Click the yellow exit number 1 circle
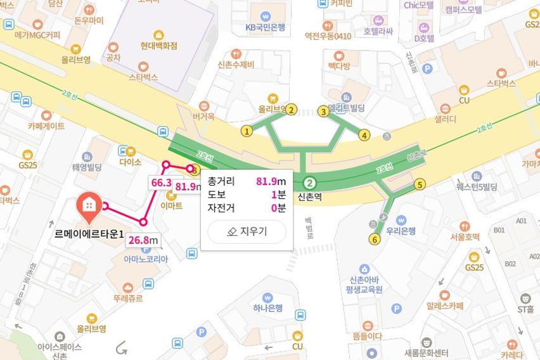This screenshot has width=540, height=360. point(247,131)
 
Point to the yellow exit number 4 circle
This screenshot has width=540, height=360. point(364,134)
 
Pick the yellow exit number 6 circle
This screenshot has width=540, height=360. point(375,239)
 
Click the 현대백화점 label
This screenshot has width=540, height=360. point(150,46)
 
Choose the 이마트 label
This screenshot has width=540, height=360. point(172,205)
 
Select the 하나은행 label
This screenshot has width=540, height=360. point(267,309)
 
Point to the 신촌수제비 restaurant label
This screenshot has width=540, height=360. point(235,65)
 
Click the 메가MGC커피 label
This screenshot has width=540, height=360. point(37,35)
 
